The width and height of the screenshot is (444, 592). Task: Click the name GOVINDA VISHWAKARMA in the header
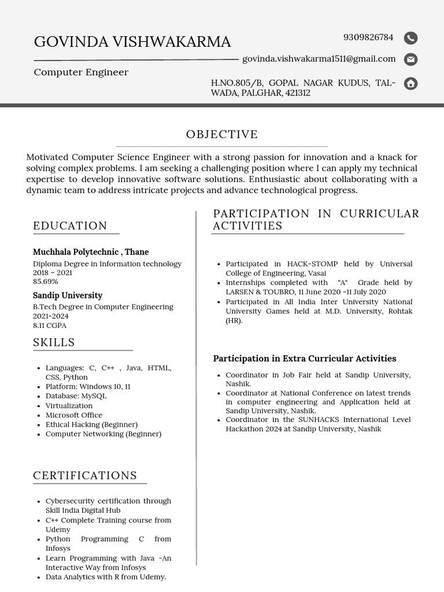pyautogui.click(x=132, y=42)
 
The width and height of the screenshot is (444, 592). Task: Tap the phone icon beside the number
pyautogui.click(x=410, y=38)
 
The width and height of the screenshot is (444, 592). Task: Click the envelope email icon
pyautogui.click(x=410, y=59)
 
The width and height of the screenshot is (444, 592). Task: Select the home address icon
pyautogui.click(x=410, y=83)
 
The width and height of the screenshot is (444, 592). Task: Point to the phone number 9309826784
pyautogui.click(x=368, y=38)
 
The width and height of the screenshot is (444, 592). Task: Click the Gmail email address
pyautogui.click(x=319, y=59)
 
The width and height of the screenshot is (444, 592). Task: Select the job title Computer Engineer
pyautogui.click(x=81, y=72)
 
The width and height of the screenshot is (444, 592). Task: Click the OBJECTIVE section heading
pyautogui.click(x=222, y=135)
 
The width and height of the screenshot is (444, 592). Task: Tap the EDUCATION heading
pyautogui.click(x=70, y=226)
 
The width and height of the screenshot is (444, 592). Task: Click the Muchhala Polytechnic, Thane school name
pyautogui.click(x=91, y=252)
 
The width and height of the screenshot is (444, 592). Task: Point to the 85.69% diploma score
pyautogui.click(x=46, y=282)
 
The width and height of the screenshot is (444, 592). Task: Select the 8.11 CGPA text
pyautogui.click(x=50, y=325)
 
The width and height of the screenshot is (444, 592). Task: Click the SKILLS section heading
pyautogui.click(x=54, y=342)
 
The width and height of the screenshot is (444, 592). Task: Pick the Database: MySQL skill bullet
pyautogui.click(x=76, y=396)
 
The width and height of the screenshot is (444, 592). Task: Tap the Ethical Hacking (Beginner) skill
pyautogui.click(x=91, y=424)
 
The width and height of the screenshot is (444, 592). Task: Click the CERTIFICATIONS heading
pyautogui.click(x=85, y=476)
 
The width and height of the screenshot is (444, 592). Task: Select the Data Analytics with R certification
pyautogui.click(x=106, y=577)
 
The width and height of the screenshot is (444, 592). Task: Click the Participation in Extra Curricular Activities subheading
pyautogui.click(x=305, y=358)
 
